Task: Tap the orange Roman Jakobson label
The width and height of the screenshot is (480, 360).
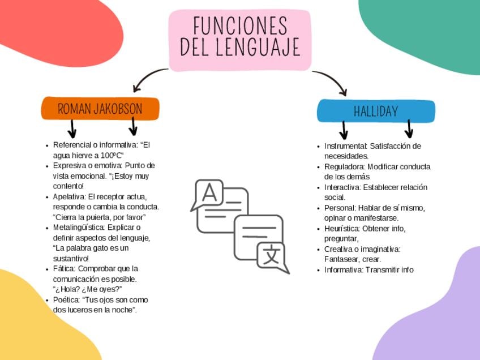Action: click(100, 109)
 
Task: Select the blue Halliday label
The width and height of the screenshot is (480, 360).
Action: click(376, 112)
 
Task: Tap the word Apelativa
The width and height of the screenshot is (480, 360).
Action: click(68, 196)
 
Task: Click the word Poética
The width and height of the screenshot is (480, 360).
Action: click(66, 299)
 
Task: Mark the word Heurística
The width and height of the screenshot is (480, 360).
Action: click(342, 228)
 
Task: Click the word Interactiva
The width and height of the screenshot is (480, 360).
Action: click(342, 187)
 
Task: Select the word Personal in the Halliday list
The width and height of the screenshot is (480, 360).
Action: click(340, 208)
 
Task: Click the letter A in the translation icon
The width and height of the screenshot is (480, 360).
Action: click(209, 194)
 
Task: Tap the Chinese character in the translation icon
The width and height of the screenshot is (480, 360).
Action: click(271, 255)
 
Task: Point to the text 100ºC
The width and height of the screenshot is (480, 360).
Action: click(110, 155)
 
